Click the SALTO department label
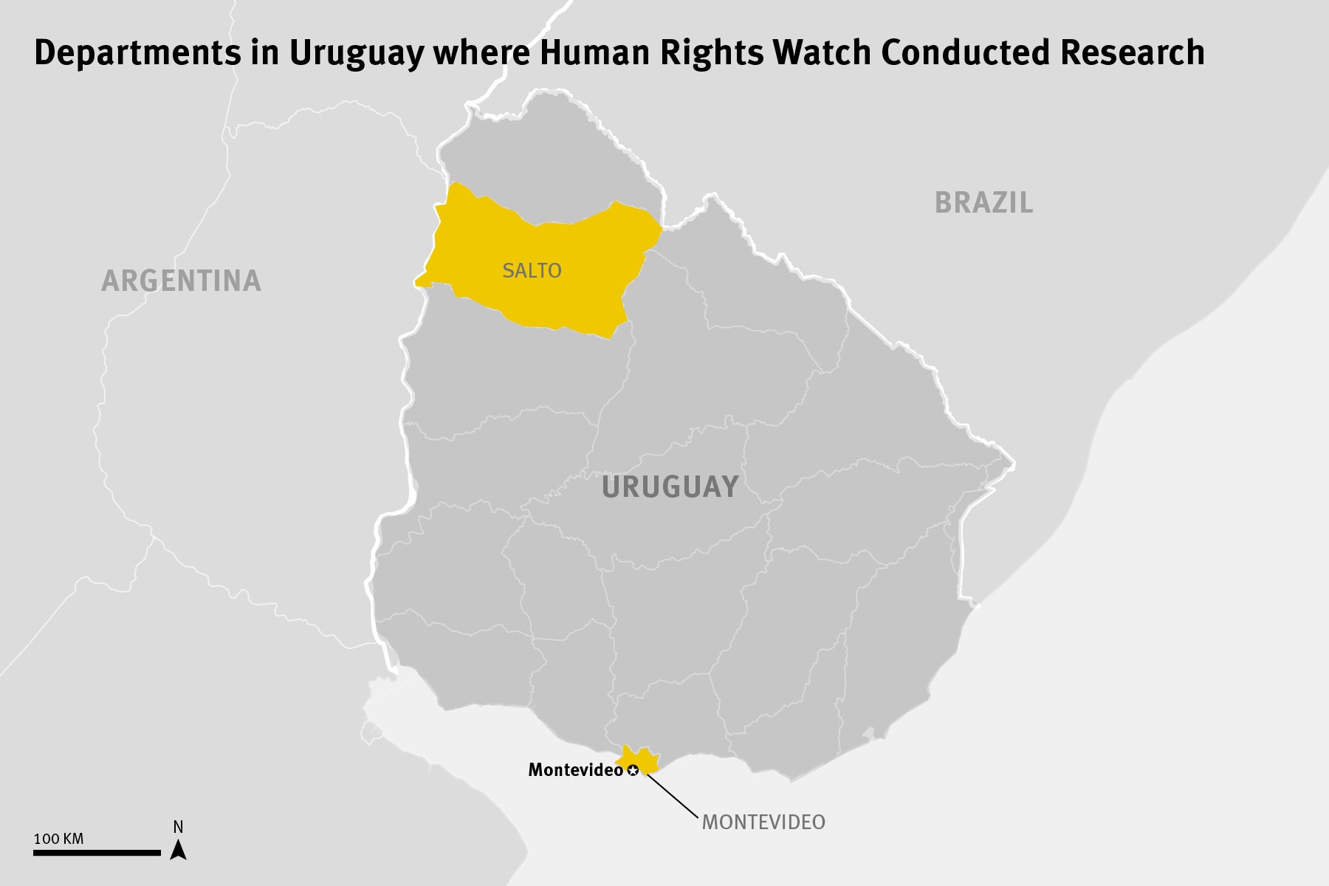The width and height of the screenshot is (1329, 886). pyautogui.click(x=532, y=271)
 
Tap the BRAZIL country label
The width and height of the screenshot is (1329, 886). pyautogui.click(x=983, y=203)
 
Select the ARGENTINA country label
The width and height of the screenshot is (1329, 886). pyautogui.click(x=181, y=281)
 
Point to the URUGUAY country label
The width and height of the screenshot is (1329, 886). pyautogui.click(x=670, y=487)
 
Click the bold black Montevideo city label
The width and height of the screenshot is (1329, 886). pyautogui.click(x=575, y=770)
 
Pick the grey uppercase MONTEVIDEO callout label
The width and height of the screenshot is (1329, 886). pyautogui.click(x=763, y=823)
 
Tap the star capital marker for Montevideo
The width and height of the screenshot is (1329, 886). pyautogui.click(x=633, y=771)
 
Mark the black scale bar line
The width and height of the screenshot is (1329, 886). pyautogui.click(x=97, y=853)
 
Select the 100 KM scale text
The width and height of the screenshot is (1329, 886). pyautogui.click(x=58, y=839)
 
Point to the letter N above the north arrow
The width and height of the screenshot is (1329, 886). pyautogui.click(x=178, y=827)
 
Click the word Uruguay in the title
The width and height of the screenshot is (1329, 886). pyautogui.click(x=356, y=53)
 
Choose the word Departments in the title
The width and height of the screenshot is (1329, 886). pyautogui.click(x=137, y=53)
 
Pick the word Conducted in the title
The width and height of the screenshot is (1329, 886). pyautogui.click(x=965, y=53)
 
